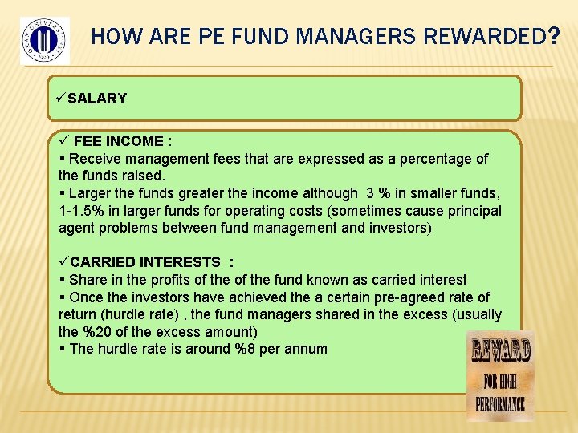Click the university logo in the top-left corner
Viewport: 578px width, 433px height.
click(45, 40)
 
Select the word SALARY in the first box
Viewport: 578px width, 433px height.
click(97, 99)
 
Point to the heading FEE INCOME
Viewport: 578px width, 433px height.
click(119, 141)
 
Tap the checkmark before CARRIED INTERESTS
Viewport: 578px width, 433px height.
click(63, 261)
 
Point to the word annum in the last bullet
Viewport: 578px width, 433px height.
click(306, 349)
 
